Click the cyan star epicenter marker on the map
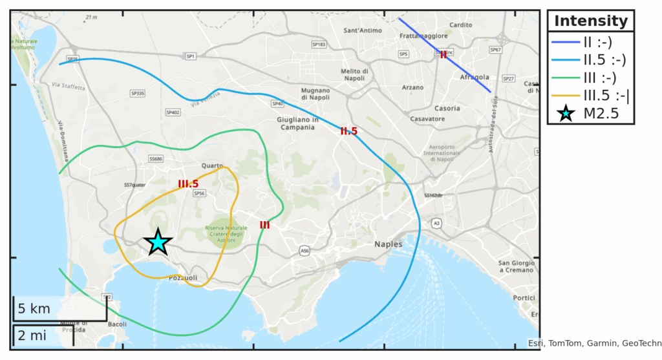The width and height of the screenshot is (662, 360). [x=158, y=242]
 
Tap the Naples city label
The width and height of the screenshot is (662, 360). [x=388, y=244]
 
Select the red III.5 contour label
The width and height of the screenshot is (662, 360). [x=188, y=184]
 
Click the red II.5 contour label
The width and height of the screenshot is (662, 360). [x=348, y=131]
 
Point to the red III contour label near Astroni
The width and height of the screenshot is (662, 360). [x=264, y=225]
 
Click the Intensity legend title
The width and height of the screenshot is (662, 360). [x=590, y=21]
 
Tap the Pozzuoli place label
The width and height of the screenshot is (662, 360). [x=182, y=278]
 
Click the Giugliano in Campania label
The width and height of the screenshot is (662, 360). [x=297, y=123]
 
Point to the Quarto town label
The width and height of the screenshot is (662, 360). [x=212, y=165]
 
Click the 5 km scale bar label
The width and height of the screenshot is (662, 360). [x=34, y=309]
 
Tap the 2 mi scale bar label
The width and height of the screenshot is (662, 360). [x=32, y=335]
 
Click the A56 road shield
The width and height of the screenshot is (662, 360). [x=304, y=249]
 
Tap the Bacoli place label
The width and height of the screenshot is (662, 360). [x=117, y=324]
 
